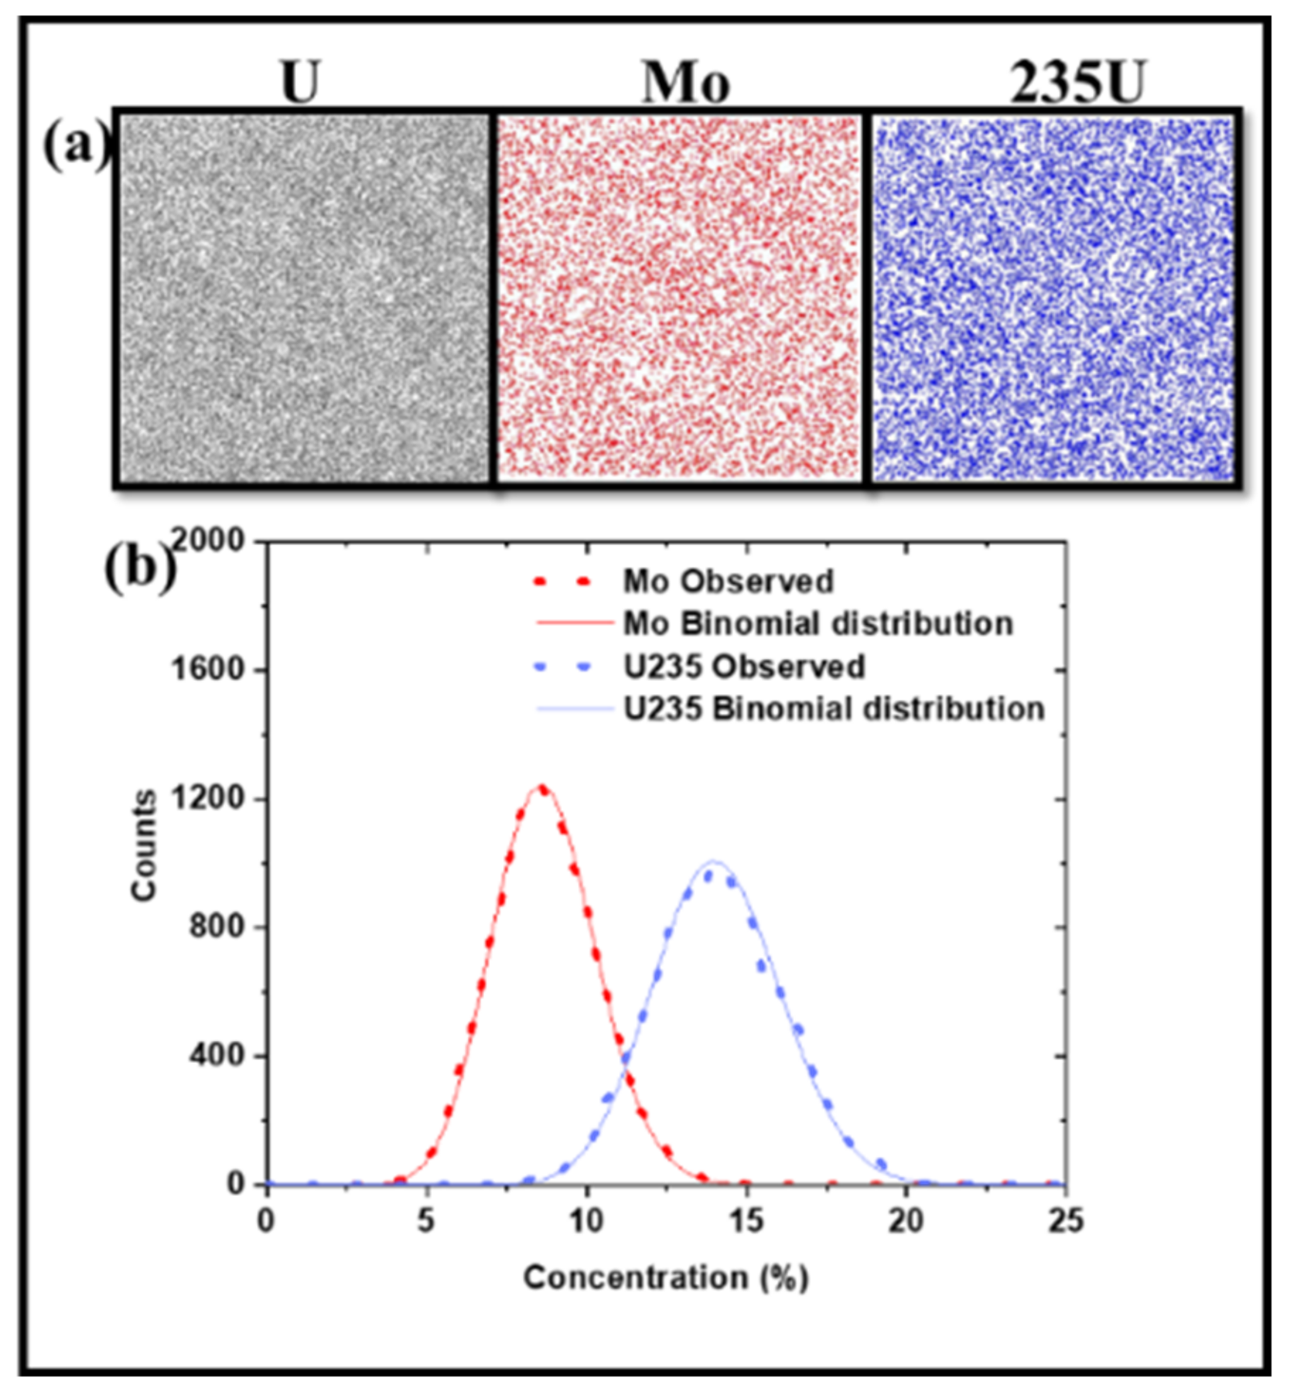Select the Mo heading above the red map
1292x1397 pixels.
(x=685, y=83)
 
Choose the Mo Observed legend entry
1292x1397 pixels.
(x=728, y=581)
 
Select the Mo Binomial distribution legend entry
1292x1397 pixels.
(x=817, y=624)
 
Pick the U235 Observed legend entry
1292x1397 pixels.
(x=743, y=666)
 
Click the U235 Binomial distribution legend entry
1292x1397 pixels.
(x=833, y=709)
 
